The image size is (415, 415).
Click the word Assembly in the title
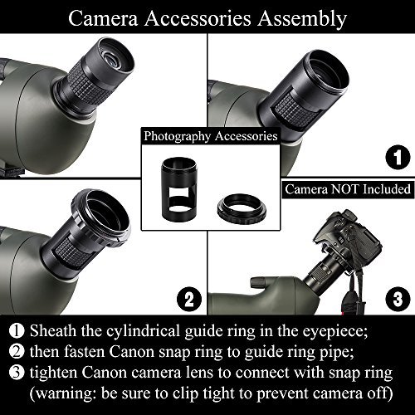tap(302, 19)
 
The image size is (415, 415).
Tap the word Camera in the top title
tap(103, 18)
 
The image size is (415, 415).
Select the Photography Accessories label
tap(211, 136)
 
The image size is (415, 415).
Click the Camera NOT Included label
tap(348, 189)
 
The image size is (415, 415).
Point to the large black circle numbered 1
tap(398, 157)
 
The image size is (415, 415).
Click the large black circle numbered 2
tap(189, 299)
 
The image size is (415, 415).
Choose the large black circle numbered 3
tap(398, 299)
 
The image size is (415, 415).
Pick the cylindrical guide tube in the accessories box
tap(179, 189)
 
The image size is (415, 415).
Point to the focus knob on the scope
tap(257, 284)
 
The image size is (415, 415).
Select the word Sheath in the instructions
tap(53, 331)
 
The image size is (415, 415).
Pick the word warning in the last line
tap(67, 394)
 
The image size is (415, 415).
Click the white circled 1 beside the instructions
tap(17, 330)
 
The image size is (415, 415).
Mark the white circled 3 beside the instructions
tap(17, 372)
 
